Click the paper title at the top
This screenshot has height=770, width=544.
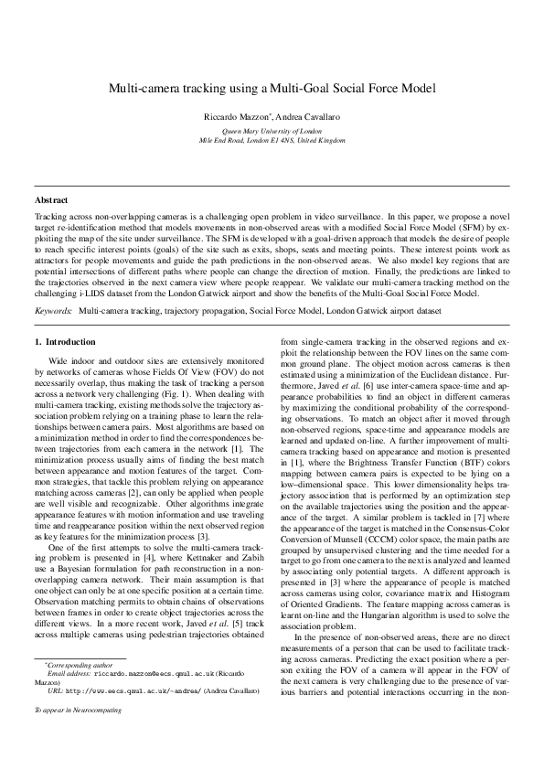coord(272,88)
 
